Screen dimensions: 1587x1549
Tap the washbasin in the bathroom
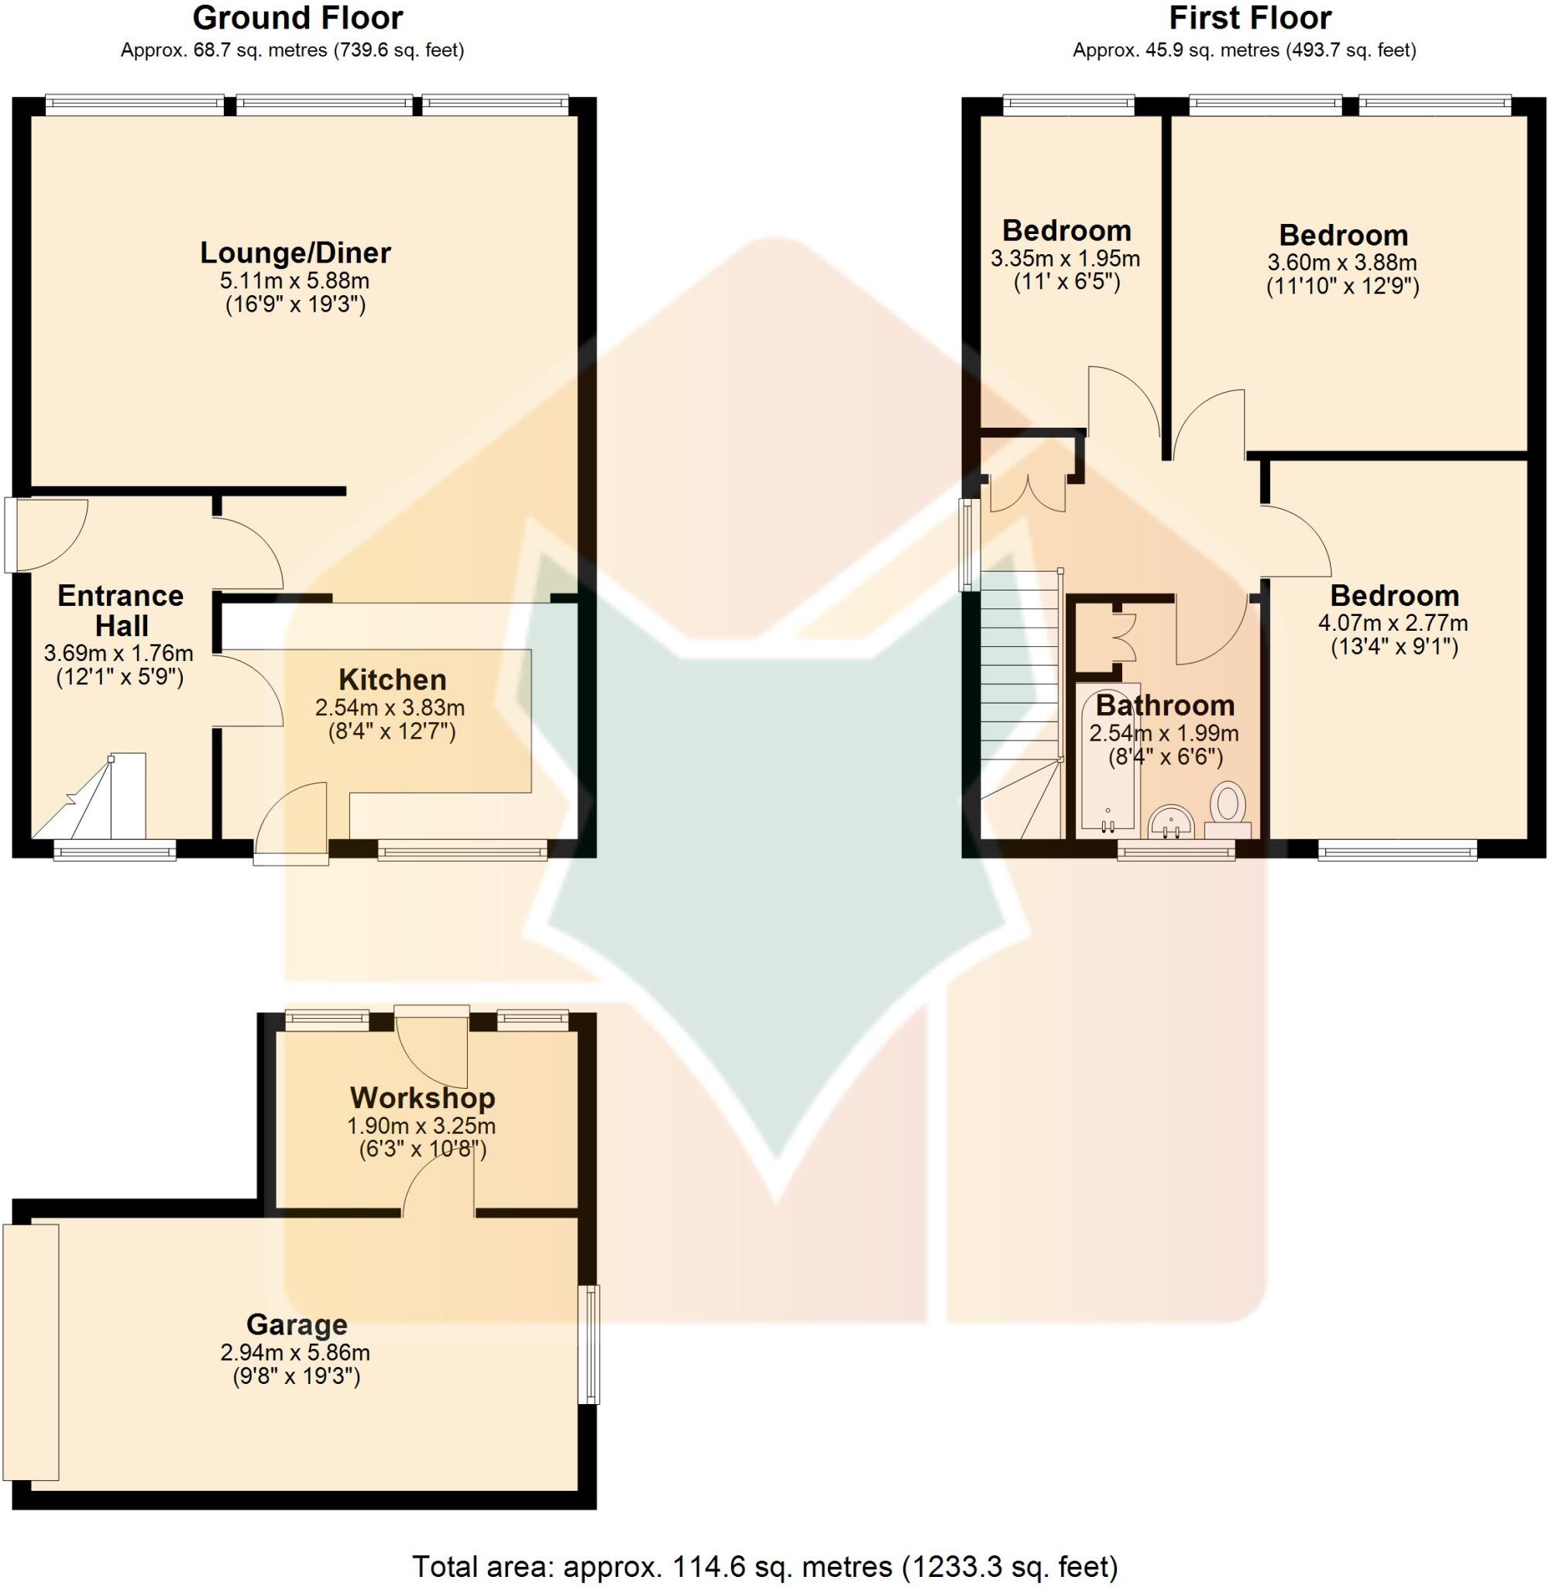tap(1171, 822)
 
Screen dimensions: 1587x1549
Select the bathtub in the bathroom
tap(1108, 761)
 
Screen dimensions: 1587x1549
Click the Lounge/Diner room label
tap(295, 253)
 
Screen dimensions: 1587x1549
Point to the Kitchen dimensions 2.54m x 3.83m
tap(390, 707)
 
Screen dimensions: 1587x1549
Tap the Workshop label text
tap(422, 1098)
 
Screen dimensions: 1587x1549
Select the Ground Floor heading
tap(297, 18)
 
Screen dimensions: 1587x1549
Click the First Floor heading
tap(1249, 18)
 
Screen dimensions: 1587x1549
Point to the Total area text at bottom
tap(764, 1567)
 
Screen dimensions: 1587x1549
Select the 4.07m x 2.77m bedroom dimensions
tap(1393, 623)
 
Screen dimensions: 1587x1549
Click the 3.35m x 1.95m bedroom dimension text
tap(1065, 260)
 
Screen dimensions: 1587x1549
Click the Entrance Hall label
tap(120, 611)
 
